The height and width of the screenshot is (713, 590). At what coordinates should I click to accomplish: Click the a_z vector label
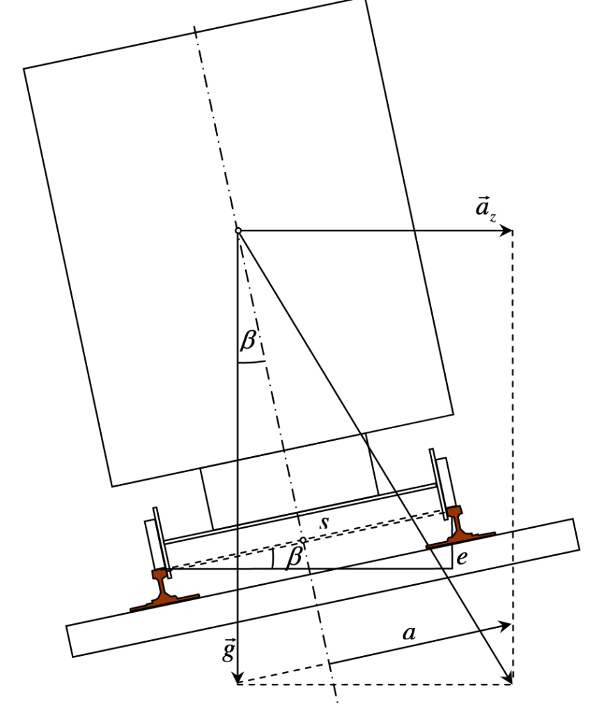point(485,210)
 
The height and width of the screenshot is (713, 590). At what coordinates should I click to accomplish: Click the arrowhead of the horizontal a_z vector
point(506,231)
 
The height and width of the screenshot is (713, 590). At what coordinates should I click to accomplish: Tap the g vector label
point(228,651)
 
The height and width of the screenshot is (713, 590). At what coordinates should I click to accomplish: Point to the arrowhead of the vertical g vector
point(238,677)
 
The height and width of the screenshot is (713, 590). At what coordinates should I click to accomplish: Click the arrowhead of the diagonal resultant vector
point(508,677)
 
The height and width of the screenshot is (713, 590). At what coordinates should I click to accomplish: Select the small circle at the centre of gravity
point(238,231)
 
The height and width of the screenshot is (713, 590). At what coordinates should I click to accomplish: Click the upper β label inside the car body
point(249,340)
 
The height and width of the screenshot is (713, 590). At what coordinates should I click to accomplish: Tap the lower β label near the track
point(295,556)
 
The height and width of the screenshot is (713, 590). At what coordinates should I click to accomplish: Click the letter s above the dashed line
point(324,522)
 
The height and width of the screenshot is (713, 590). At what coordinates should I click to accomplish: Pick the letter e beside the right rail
point(462,558)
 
